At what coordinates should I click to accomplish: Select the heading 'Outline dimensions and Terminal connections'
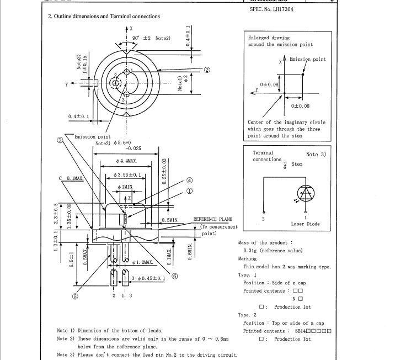tap(107, 17)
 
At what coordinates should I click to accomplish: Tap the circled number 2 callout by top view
tap(207, 70)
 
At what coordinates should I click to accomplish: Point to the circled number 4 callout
tap(189, 180)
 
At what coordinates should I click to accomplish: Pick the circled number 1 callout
tap(189, 192)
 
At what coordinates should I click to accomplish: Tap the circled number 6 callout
tap(175, 277)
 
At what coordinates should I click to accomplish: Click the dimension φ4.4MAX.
tap(126, 161)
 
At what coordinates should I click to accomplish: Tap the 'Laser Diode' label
tap(305, 224)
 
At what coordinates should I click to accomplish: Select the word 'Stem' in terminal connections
tap(297, 164)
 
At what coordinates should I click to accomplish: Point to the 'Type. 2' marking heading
tap(247, 315)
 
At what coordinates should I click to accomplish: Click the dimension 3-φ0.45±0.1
tap(148, 278)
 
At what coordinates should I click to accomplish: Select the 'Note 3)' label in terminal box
tap(316, 155)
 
